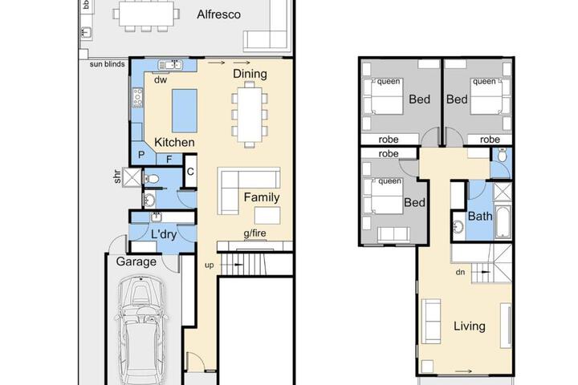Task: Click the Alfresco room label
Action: (x=218, y=14)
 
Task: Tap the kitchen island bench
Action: (x=185, y=111)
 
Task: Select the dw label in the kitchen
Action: (x=161, y=79)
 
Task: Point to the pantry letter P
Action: (x=141, y=155)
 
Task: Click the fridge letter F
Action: (x=169, y=160)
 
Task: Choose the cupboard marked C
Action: (x=190, y=172)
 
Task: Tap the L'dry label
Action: (x=164, y=234)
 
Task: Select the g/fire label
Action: (x=254, y=233)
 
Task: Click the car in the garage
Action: (x=141, y=330)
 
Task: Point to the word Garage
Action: (x=136, y=261)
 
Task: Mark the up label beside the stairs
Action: (x=209, y=265)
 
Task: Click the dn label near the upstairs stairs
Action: (x=460, y=272)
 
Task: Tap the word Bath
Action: (x=480, y=216)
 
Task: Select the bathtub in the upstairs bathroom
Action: (x=503, y=222)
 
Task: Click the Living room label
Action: (x=470, y=326)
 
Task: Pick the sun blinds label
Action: (x=108, y=64)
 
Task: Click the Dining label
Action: (x=250, y=74)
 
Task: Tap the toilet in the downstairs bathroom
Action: (x=151, y=179)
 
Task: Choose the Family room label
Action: (x=262, y=197)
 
